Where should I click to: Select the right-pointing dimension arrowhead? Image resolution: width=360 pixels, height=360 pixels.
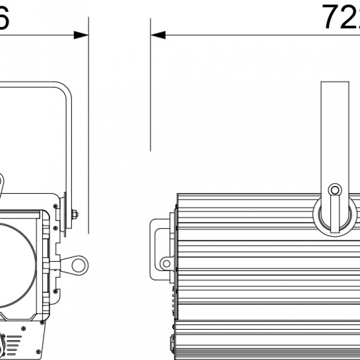(81, 35)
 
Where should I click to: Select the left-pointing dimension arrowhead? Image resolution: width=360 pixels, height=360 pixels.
(158, 35)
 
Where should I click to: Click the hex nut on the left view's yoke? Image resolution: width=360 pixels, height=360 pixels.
(74, 214)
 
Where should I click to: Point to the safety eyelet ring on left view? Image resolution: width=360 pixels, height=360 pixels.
(79, 264)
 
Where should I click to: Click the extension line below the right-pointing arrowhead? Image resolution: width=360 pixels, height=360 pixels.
(88, 141)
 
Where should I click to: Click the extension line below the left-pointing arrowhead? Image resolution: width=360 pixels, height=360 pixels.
(151, 94)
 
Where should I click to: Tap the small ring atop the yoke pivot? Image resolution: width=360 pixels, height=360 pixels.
(335, 190)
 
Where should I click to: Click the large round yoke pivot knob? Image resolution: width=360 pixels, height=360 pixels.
(335, 214)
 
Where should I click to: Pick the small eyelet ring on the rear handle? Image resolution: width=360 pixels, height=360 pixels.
(166, 263)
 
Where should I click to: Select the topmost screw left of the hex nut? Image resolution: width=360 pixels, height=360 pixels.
(56, 206)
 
